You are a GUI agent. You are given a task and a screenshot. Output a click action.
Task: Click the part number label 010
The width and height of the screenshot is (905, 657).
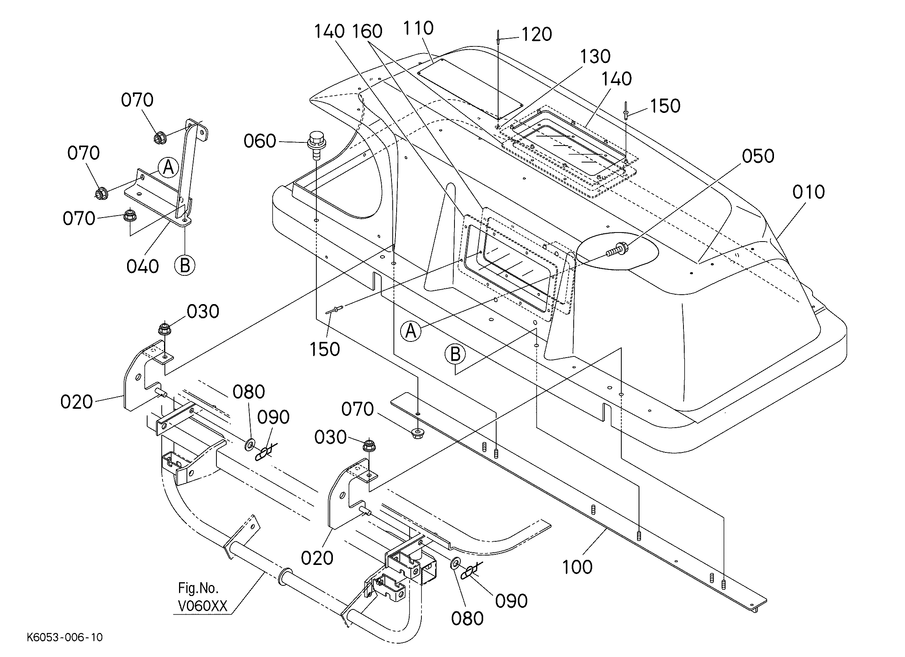tap(809, 192)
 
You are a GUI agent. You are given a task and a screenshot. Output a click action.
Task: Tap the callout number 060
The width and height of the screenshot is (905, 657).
tap(260, 141)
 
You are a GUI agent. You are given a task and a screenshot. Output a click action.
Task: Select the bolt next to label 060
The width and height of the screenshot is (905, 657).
tap(315, 146)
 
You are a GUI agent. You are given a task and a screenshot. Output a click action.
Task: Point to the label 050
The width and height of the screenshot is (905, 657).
tap(758, 156)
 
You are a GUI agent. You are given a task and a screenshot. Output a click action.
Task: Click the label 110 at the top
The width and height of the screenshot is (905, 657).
tap(418, 28)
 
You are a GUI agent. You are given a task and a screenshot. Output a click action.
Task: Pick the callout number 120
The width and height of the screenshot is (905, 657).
tap(537, 35)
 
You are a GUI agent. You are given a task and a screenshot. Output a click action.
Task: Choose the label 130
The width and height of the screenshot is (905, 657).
tap(595, 57)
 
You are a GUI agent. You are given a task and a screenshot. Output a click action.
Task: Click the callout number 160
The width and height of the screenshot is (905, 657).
tap(367, 31)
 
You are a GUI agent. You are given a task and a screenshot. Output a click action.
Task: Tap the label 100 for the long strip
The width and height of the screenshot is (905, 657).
tap(577, 567)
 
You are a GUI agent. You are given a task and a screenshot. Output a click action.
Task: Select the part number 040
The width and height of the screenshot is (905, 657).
tap(142, 266)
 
